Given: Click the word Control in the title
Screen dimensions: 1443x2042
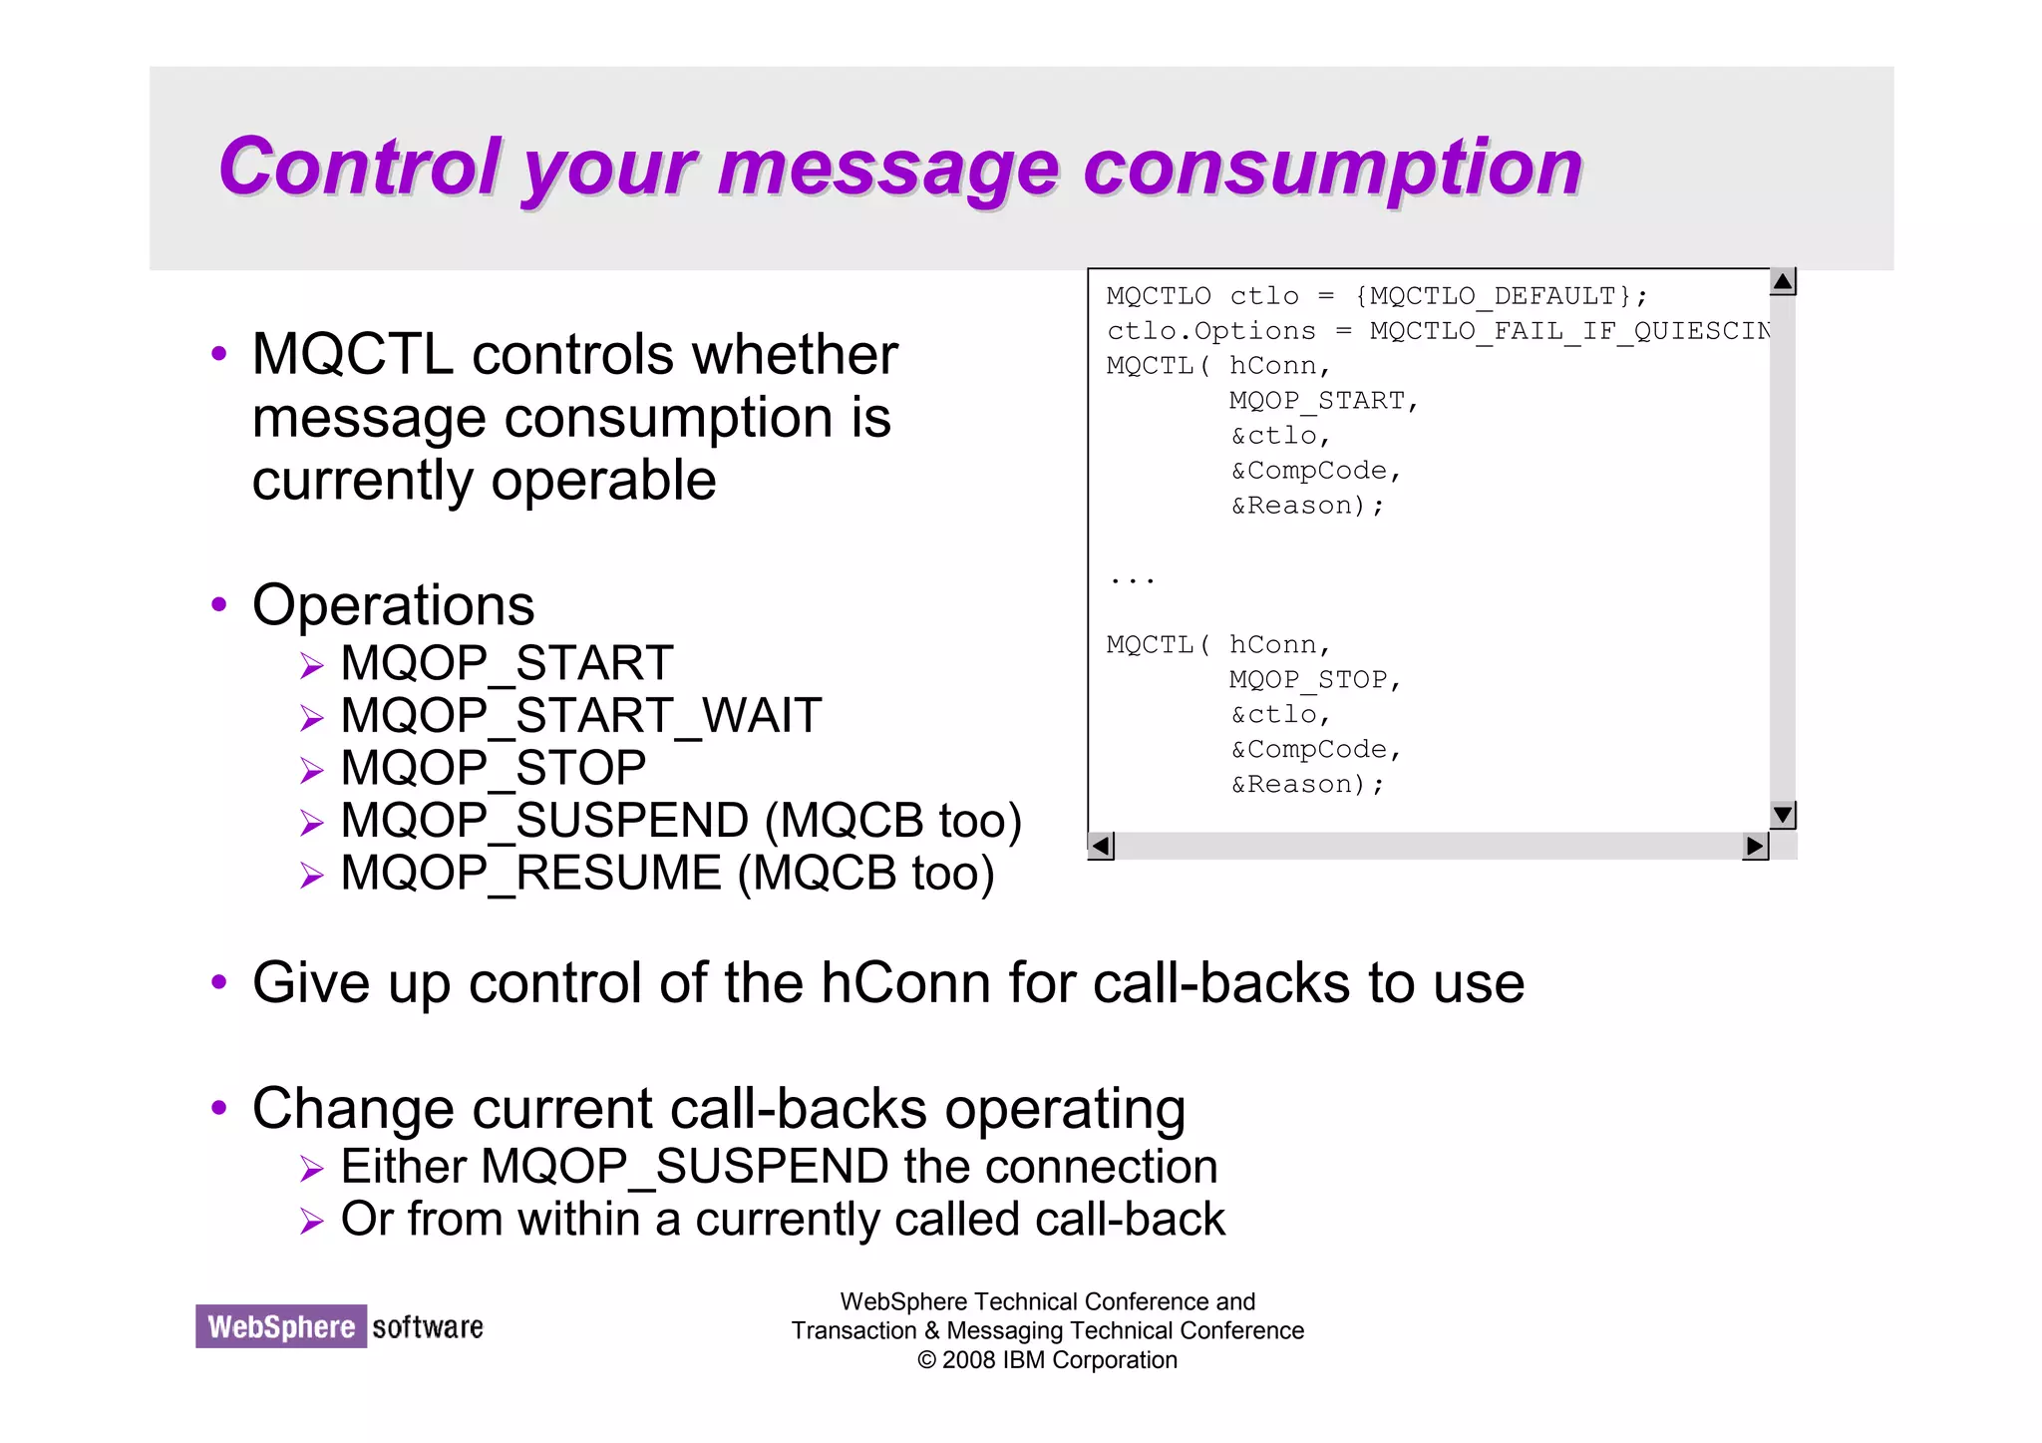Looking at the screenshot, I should pos(359,168).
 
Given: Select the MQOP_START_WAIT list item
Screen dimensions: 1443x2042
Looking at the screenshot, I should pos(580,716).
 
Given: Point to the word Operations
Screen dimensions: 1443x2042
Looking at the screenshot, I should pos(393,605).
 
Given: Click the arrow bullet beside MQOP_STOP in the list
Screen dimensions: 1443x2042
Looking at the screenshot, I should pos(312,771).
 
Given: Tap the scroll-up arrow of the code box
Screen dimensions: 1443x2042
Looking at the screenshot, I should pos(1783,282).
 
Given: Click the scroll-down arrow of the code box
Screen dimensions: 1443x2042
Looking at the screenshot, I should pos(1783,815).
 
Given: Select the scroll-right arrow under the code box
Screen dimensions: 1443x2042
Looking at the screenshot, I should pos(1755,847).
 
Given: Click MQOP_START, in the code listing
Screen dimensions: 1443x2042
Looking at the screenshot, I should pos(1322,401).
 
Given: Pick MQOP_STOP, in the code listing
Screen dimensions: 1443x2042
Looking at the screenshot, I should pos(1314,680).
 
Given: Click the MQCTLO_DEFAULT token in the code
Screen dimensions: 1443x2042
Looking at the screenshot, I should pos(1492,296).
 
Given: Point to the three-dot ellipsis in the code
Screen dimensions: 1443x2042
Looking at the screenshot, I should pos(1132,579).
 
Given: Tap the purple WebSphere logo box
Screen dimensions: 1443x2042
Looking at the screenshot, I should pos(281,1327).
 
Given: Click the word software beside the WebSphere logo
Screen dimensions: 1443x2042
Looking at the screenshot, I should pos(428,1327).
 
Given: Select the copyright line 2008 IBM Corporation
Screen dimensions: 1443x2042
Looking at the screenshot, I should pos(1047,1360).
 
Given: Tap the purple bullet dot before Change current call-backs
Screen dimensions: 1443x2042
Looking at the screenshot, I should pos(219,1107).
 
